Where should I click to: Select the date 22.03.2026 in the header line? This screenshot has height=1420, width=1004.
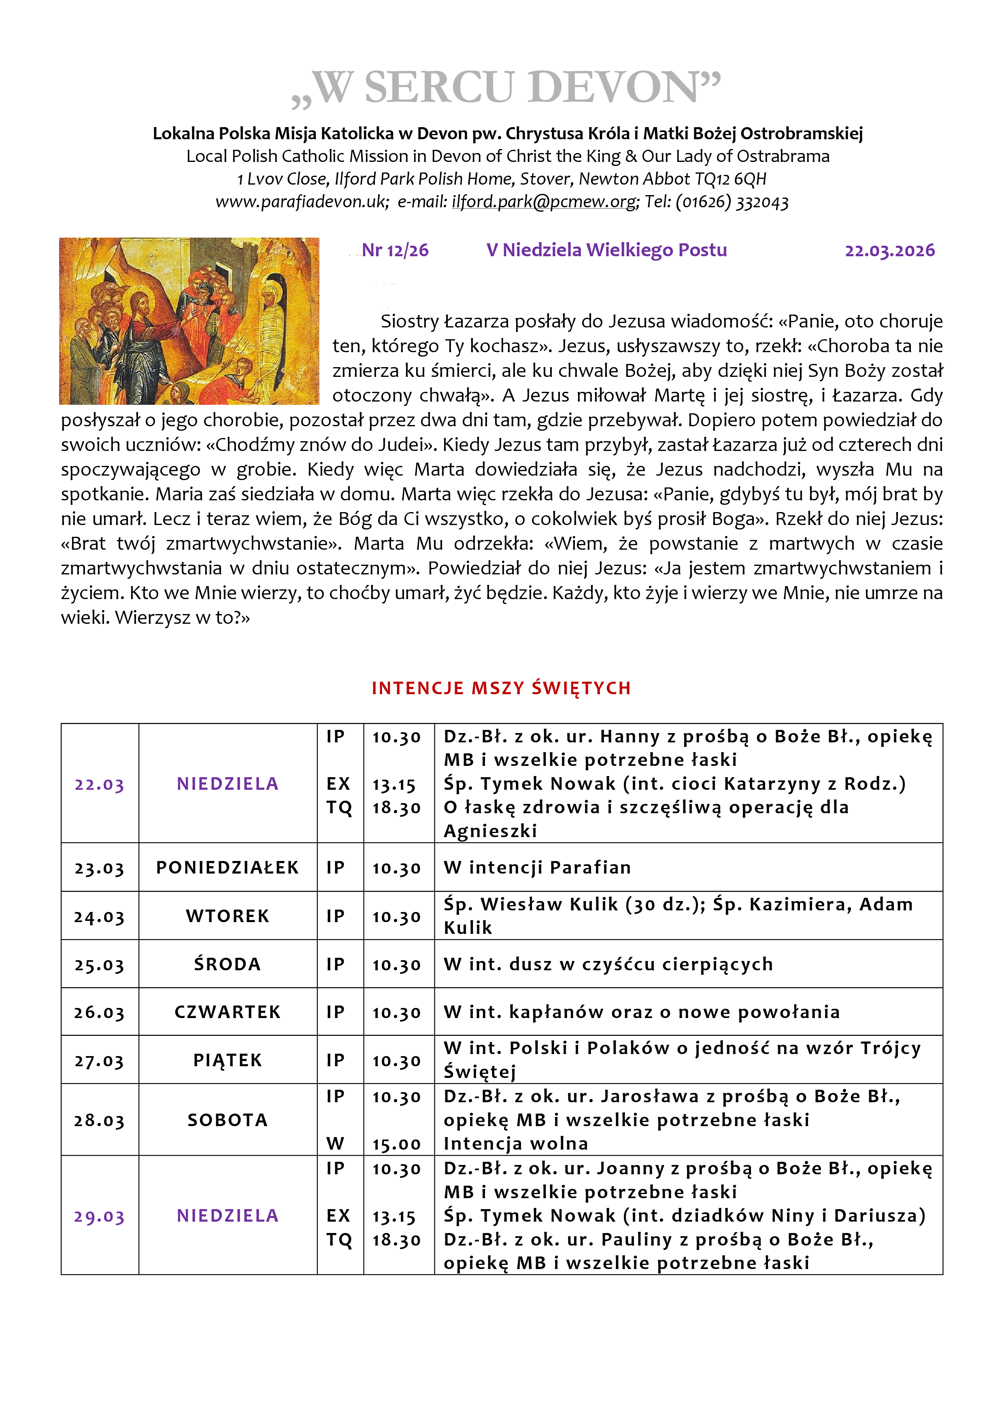(x=889, y=251)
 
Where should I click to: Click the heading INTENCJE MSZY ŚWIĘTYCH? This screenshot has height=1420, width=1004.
(x=501, y=689)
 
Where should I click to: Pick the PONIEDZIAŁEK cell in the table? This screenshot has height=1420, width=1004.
(x=228, y=868)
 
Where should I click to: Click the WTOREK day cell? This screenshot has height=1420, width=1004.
(x=228, y=916)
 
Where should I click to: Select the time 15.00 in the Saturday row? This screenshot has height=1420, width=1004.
(x=396, y=1144)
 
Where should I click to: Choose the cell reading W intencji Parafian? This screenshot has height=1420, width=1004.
(x=537, y=868)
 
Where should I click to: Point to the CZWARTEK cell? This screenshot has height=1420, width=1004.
(x=228, y=1012)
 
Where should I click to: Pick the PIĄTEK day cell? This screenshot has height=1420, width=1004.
(x=228, y=1061)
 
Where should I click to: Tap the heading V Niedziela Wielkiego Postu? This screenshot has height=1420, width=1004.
(x=606, y=251)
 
